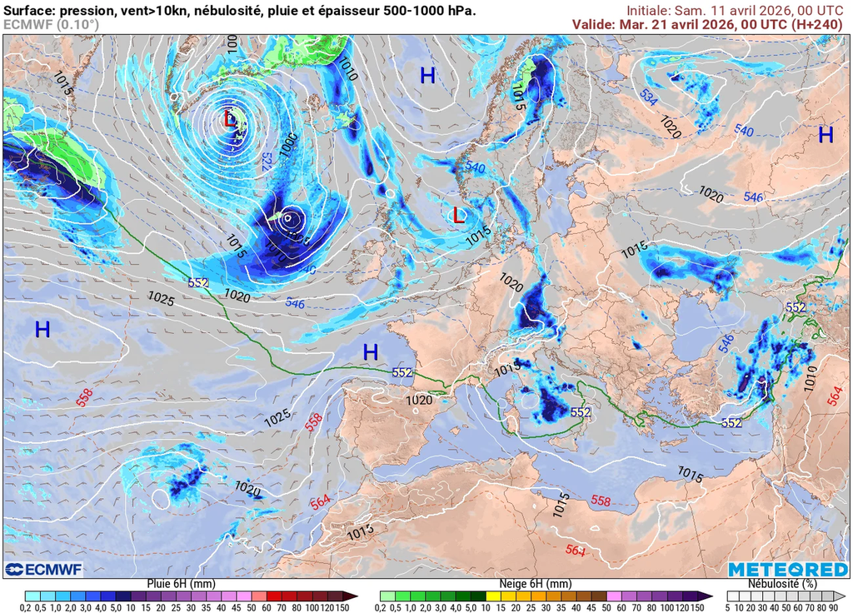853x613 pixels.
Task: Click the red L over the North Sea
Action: click(x=458, y=216)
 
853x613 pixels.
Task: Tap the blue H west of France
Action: click(x=371, y=352)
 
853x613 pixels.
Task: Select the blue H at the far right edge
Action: click(x=826, y=135)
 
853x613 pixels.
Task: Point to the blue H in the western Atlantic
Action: click(x=42, y=330)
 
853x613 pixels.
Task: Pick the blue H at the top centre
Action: click(x=427, y=77)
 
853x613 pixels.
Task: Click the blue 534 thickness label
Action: click(x=649, y=96)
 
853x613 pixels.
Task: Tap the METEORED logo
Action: click(x=788, y=570)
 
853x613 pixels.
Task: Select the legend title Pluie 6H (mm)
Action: click(x=180, y=584)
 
